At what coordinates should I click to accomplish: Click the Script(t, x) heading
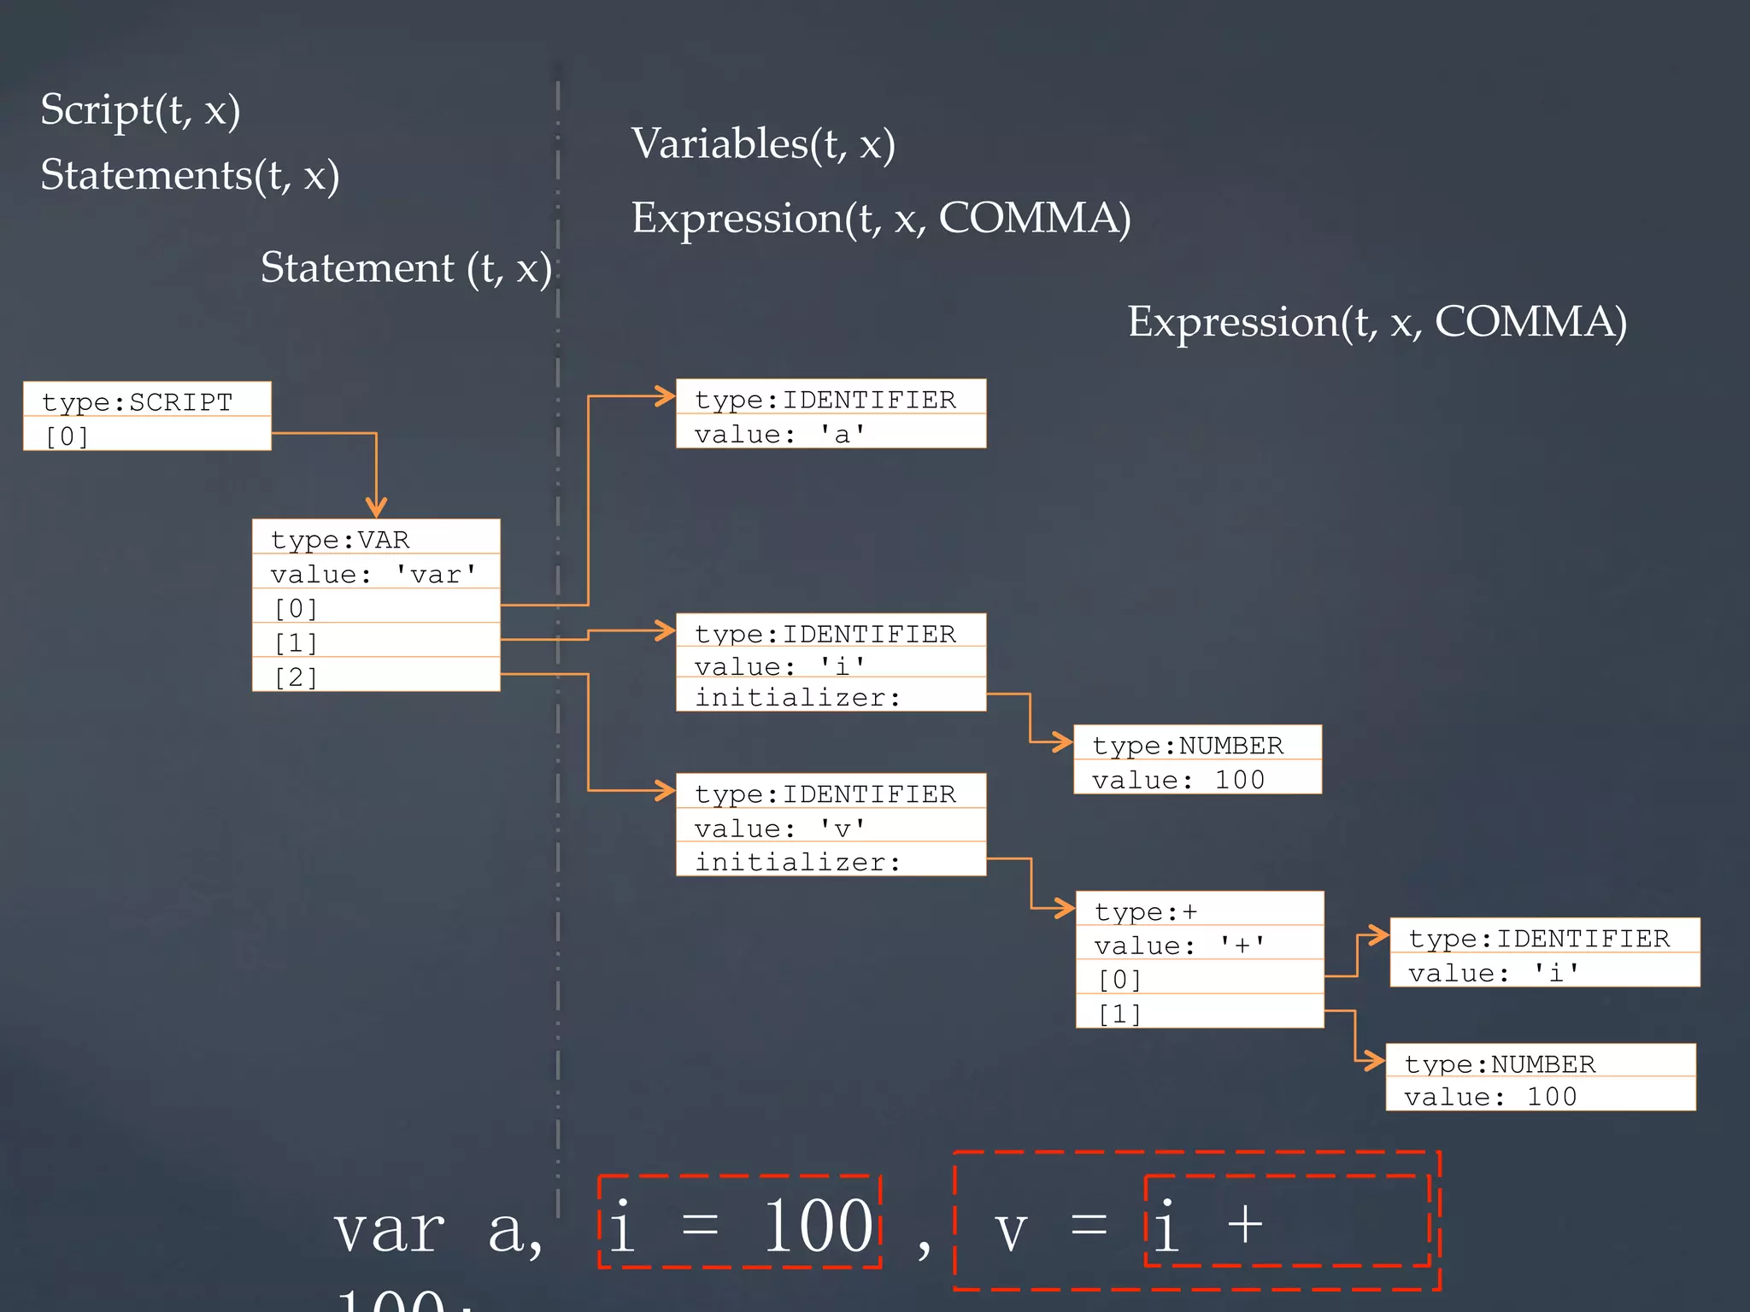coord(140,109)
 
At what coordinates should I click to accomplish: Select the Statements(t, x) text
coord(190,175)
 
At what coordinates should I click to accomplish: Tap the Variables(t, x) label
coord(763,143)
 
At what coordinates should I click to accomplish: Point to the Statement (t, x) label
coord(406,268)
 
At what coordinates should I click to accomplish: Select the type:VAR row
coord(376,539)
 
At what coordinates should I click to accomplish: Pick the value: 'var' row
coord(376,573)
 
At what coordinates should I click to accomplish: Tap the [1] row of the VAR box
coord(376,641)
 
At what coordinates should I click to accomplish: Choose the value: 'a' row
coord(831,433)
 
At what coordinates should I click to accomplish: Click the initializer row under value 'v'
coord(831,861)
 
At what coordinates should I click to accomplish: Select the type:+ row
coord(1199,911)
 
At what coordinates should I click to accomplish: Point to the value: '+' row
coord(1199,945)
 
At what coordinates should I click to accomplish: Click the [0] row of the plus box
coord(1199,979)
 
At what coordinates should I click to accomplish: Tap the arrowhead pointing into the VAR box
coord(376,508)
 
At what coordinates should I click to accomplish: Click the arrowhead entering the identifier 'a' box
coord(665,396)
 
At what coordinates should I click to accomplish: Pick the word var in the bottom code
coord(390,1230)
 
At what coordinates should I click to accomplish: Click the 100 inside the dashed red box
coord(817,1227)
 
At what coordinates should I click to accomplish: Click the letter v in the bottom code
coord(1010,1232)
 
